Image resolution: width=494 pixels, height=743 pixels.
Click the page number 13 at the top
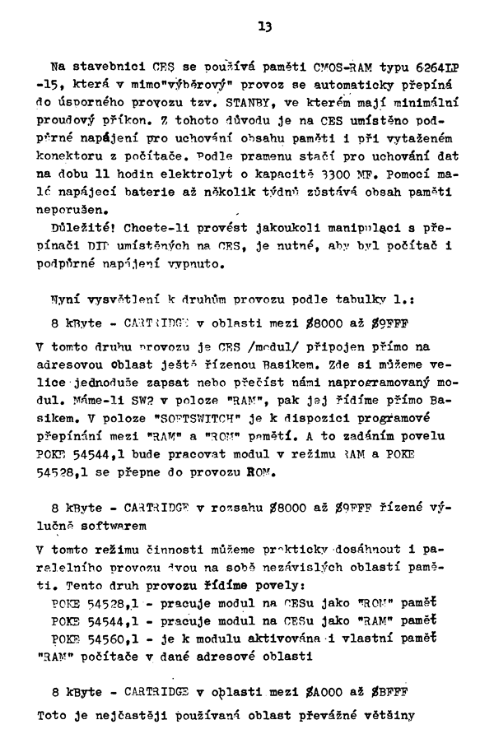tap(264, 26)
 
